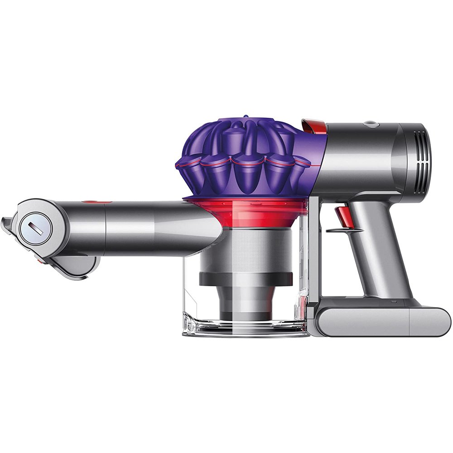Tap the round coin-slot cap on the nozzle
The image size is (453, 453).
click(33, 225)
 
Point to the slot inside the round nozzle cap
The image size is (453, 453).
click(33, 225)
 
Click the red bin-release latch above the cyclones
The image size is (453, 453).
click(313, 125)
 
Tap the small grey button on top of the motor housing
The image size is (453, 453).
click(371, 123)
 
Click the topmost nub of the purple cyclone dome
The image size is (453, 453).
click(245, 117)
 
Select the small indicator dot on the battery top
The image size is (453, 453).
click(393, 302)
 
